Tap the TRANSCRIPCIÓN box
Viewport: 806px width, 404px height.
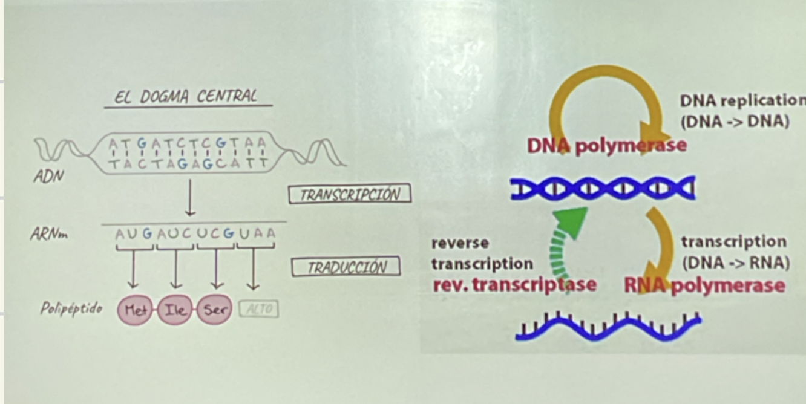[350, 194]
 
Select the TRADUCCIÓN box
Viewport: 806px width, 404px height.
[346, 267]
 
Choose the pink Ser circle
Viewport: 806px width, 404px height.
[215, 310]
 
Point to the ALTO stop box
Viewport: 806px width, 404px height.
[259, 310]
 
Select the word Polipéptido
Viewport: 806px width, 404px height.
[71, 308]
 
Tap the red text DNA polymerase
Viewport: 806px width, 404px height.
[607, 146]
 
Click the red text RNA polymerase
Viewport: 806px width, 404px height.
[704, 285]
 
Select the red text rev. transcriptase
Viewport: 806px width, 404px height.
[514, 284]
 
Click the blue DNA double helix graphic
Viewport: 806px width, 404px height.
[603, 189]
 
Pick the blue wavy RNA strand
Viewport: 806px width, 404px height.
[608, 327]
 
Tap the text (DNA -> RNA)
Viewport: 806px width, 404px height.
[735, 263]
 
